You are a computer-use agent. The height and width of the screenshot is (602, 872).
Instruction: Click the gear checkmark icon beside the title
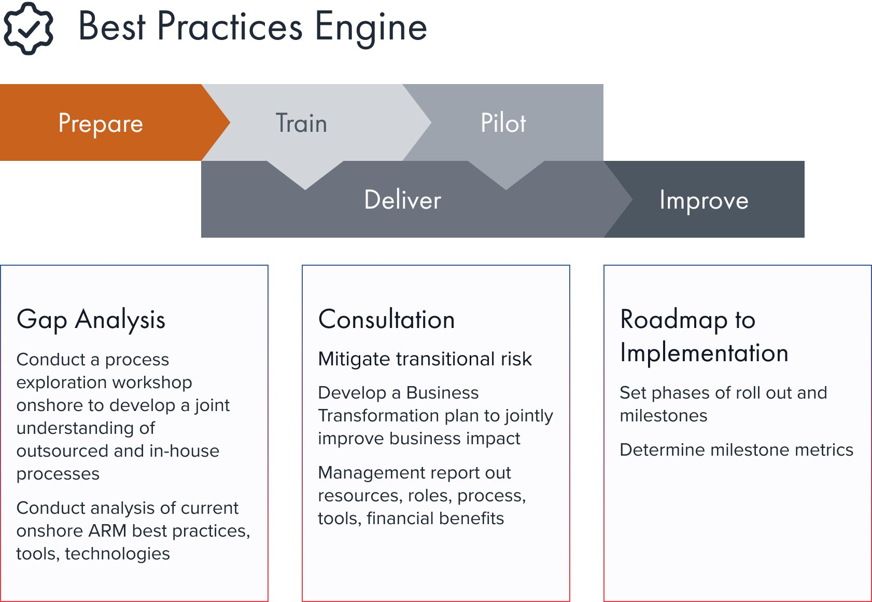(28, 28)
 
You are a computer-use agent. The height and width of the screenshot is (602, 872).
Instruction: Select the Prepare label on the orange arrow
(101, 124)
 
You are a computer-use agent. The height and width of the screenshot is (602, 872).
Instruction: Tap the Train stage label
(301, 123)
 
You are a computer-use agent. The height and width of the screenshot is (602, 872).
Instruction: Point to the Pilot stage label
(503, 123)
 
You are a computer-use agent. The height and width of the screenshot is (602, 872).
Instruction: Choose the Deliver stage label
(402, 199)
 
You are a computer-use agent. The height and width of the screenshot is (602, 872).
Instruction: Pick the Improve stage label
(704, 201)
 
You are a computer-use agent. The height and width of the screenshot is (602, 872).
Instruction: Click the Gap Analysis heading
(91, 320)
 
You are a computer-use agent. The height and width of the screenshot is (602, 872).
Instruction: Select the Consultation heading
(387, 320)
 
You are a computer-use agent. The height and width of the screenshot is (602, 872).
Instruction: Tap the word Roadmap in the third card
(674, 320)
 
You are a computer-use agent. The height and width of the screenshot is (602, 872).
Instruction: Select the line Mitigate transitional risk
(425, 359)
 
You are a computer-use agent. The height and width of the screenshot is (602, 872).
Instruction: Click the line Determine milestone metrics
(737, 449)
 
